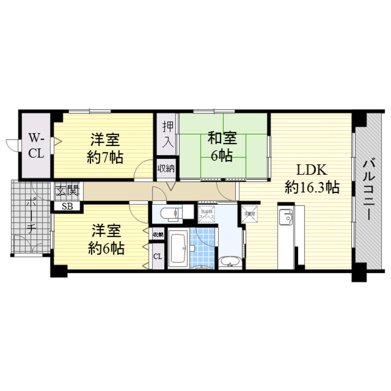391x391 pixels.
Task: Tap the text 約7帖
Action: [105, 158]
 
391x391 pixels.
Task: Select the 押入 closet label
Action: [168, 134]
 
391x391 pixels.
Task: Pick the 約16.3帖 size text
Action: [312, 188]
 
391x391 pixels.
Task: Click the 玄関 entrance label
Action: [67, 191]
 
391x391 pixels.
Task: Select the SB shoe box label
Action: [67, 207]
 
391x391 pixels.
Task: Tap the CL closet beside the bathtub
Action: [158, 256]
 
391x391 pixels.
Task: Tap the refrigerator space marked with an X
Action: [249, 213]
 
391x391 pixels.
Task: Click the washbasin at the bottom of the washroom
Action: [230, 262]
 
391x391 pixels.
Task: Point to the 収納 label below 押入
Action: [166, 169]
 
